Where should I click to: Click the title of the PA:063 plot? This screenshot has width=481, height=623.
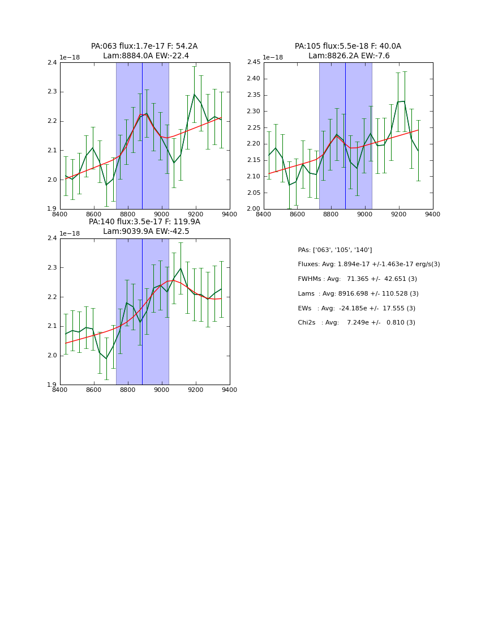[144, 51]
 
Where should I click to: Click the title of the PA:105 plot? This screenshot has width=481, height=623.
[348, 51]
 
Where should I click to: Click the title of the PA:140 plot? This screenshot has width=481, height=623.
[144, 227]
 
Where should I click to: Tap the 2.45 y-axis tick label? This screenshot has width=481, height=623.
[253, 62]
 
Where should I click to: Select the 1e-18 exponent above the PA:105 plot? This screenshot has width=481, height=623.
[273, 57]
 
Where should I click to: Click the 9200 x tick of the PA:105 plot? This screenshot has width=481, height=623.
[399, 214]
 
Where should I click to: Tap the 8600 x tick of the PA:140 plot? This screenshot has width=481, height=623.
[94, 389]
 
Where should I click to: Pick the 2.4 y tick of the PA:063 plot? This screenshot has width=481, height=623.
[51, 62]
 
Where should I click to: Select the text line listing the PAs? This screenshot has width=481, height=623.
[334, 250]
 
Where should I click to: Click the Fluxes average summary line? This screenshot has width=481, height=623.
[368, 264]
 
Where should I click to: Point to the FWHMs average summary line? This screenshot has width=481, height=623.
[357, 279]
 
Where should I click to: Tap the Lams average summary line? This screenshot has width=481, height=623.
[358, 293]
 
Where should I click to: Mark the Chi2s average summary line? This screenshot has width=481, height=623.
[357, 322]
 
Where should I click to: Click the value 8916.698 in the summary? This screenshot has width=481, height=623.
[366, 293]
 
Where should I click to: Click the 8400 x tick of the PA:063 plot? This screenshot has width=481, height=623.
[60, 214]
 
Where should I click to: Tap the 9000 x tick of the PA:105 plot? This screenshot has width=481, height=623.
[365, 214]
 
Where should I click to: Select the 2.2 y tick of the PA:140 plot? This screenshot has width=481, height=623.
[51, 297]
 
